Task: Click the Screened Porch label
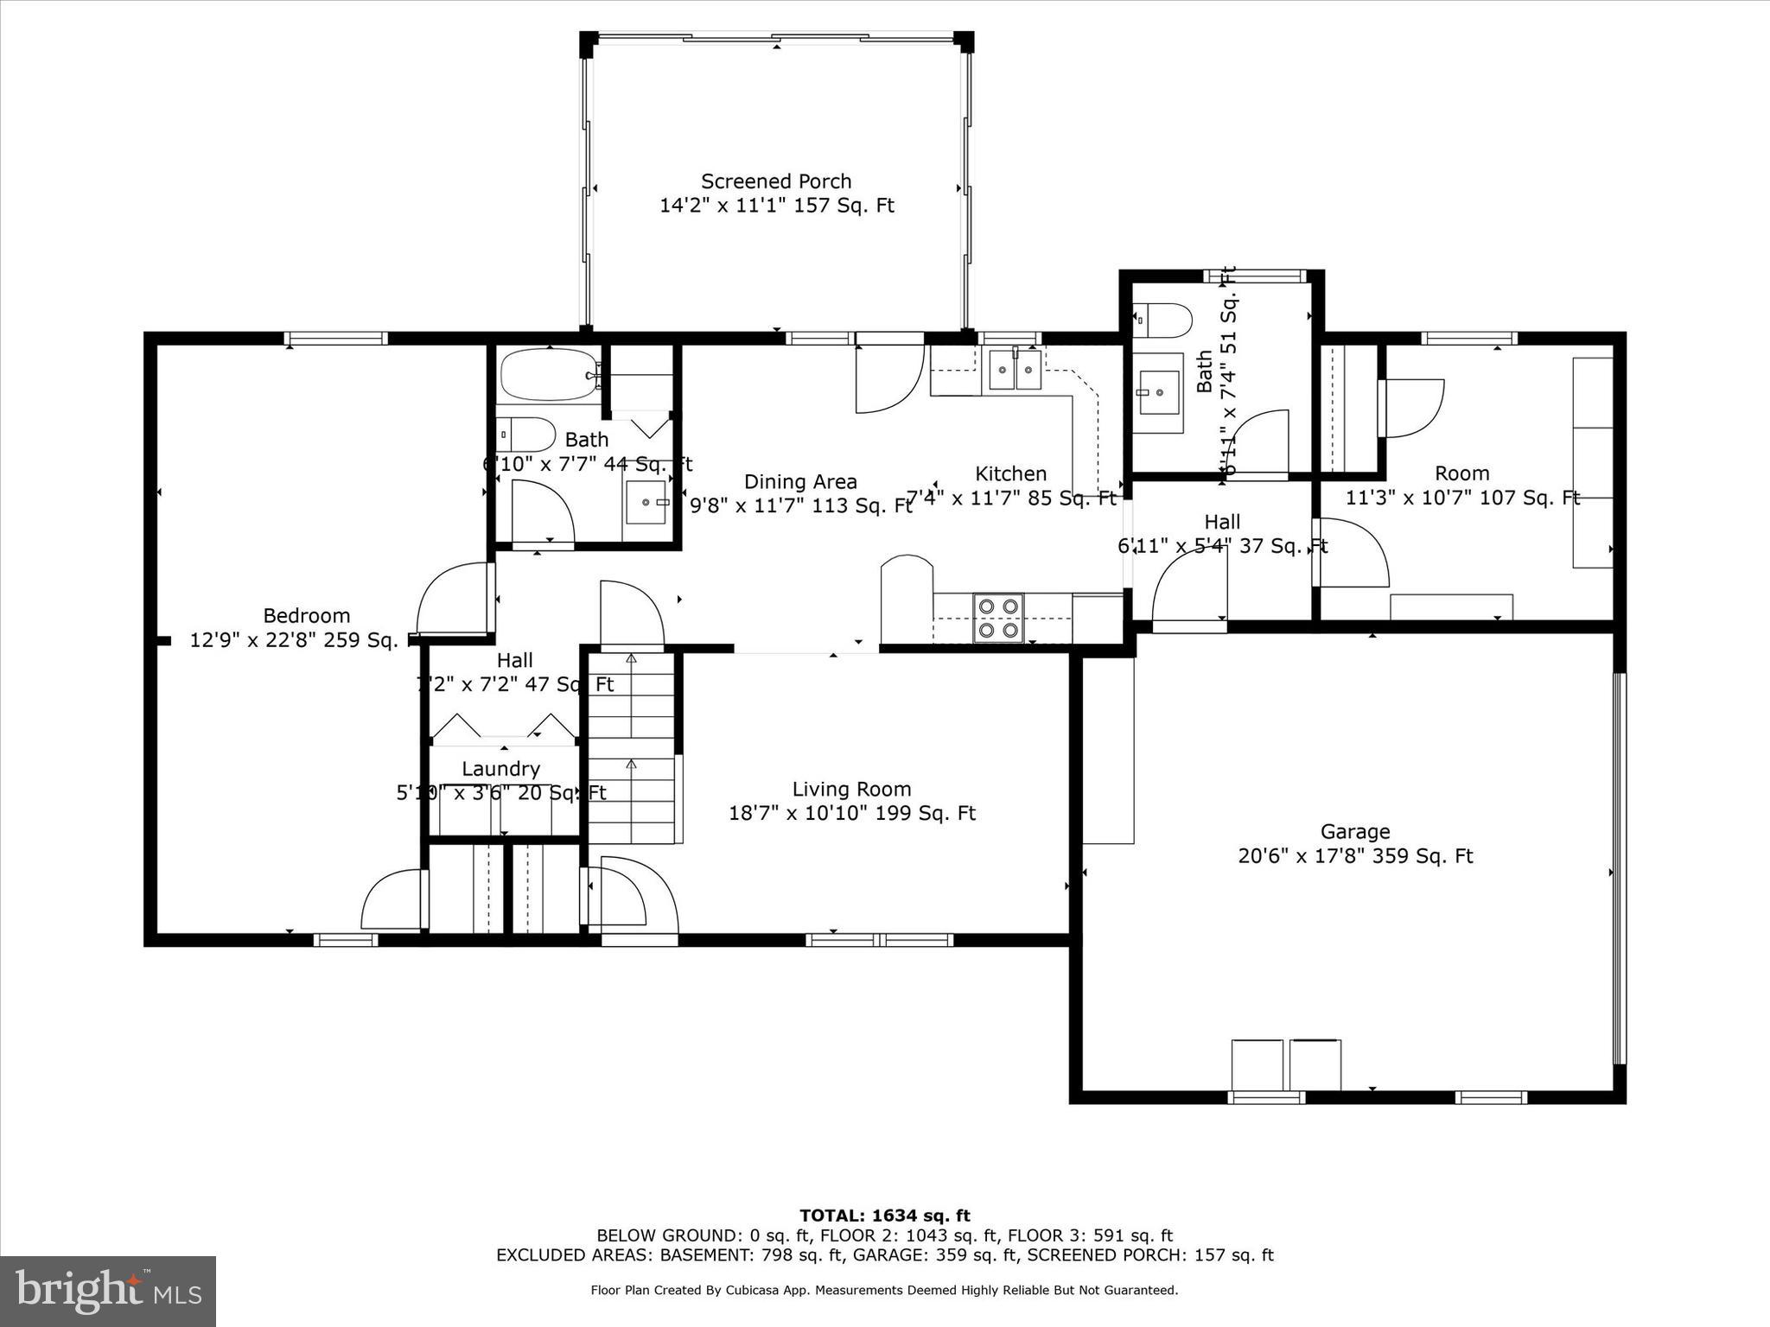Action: [776, 182]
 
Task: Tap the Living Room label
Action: [851, 790]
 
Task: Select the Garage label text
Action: [1354, 832]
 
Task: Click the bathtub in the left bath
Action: [548, 375]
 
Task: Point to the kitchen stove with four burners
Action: [998, 619]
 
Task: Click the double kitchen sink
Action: [1015, 371]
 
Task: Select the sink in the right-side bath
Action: [1157, 392]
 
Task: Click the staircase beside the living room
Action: [632, 748]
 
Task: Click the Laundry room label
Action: [500, 769]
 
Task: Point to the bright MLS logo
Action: [108, 1292]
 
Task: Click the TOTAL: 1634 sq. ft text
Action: [884, 1216]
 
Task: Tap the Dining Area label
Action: [800, 482]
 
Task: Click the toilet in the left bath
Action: [526, 434]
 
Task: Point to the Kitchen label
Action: [1010, 474]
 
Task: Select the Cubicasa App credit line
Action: [884, 1291]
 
